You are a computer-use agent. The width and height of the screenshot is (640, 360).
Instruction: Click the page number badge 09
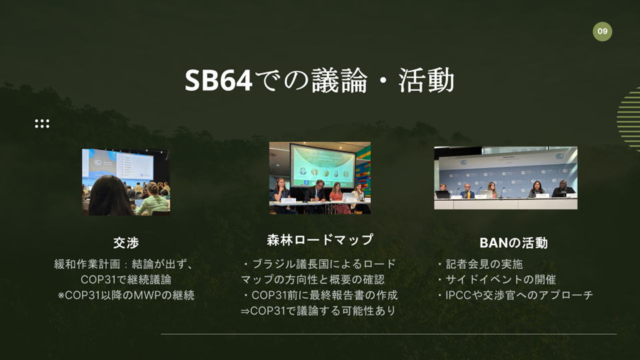[x=602, y=31]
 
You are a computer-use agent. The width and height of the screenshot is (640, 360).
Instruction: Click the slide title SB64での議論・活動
[x=319, y=80]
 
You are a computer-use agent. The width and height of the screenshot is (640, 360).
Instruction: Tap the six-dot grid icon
[x=42, y=124]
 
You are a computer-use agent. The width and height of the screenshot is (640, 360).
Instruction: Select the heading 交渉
[x=126, y=243]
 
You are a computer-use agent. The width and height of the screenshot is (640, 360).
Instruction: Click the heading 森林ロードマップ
[x=320, y=239]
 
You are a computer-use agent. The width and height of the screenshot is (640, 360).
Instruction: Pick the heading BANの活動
[x=513, y=243]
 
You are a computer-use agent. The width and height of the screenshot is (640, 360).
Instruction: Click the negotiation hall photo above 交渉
[x=126, y=181]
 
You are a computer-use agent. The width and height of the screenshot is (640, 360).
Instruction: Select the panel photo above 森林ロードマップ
[x=320, y=177]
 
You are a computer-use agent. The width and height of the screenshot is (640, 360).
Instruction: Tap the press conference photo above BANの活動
[x=506, y=178]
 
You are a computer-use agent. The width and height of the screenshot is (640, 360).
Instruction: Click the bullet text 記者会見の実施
[x=484, y=264]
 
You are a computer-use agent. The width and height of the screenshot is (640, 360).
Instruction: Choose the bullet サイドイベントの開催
[x=501, y=279]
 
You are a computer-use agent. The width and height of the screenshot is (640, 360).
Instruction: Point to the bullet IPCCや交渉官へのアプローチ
[x=519, y=295]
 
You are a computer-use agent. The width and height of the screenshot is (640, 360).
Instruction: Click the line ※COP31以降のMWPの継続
[x=126, y=295]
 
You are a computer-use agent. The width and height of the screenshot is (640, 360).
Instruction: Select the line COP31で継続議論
[x=126, y=279]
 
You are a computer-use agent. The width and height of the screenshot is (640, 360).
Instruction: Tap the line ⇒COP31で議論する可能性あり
[x=318, y=311]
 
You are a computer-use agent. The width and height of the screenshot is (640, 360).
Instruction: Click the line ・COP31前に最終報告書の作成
[x=320, y=295]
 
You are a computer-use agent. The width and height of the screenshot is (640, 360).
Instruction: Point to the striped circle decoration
[x=629, y=119]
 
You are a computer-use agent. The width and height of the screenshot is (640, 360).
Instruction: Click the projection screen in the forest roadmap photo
[x=323, y=165]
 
